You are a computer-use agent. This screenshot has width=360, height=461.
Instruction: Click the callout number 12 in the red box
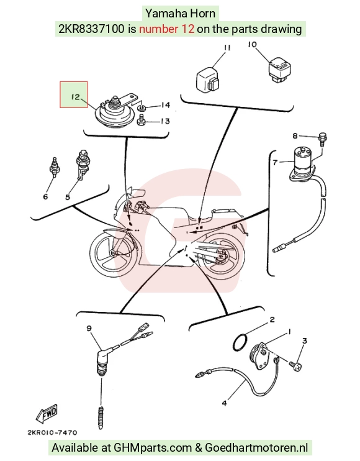(x=76, y=96)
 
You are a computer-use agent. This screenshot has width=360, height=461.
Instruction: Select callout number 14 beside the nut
(x=165, y=105)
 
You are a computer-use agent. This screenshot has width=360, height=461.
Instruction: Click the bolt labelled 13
(x=141, y=121)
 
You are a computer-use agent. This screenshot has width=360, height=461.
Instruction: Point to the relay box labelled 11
(x=207, y=79)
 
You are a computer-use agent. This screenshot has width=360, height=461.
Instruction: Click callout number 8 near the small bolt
(x=295, y=136)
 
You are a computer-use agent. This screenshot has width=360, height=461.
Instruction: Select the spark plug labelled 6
(x=55, y=167)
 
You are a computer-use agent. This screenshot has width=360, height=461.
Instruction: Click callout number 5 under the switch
(x=68, y=197)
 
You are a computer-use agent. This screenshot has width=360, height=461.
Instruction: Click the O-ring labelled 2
(x=234, y=342)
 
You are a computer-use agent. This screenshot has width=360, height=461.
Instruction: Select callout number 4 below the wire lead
(x=224, y=403)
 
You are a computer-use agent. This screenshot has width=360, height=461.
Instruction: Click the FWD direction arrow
(x=47, y=414)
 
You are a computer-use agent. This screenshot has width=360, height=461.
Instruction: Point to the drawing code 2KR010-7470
(x=52, y=432)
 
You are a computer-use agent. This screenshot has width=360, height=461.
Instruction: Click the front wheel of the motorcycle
(x=113, y=252)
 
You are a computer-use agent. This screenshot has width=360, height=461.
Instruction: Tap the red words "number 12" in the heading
(x=166, y=29)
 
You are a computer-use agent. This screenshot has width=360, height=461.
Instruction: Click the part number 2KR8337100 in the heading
(x=91, y=29)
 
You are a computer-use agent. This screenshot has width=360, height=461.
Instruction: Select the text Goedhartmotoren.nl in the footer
(x=256, y=448)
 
